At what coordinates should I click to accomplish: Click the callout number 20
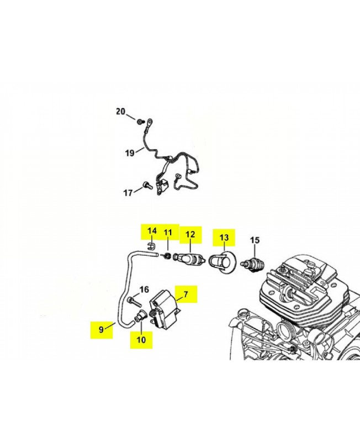(120, 112)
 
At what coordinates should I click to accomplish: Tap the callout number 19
(129, 153)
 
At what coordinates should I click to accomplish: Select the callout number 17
(128, 193)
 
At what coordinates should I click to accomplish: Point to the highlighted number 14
(151, 231)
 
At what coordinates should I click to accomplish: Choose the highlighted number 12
(190, 234)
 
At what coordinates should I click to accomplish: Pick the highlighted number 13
(224, 237)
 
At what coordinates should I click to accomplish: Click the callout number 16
(144, 290)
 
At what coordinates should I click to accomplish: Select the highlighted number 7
(186, 294)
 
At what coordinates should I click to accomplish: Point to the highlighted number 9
(101, 329)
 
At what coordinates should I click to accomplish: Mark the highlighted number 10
(141, 340)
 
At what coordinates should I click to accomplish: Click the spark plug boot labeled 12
(190, 259)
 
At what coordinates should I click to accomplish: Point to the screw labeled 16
(133, 301)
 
